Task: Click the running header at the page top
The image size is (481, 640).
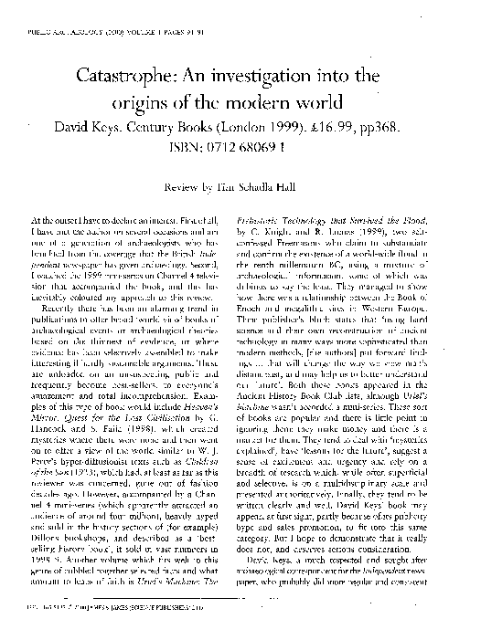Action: [x=107, y=16]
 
